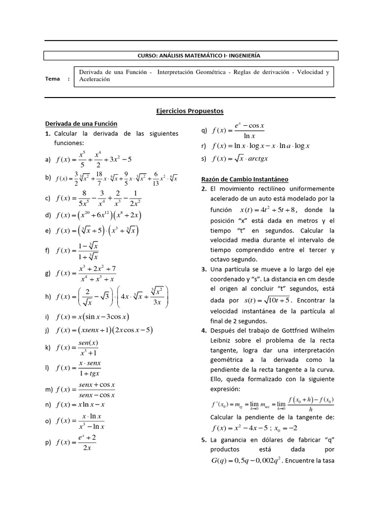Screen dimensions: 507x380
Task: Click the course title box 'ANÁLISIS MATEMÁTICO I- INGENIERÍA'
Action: click(191, 56)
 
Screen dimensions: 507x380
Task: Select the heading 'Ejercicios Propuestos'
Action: click(190, 111)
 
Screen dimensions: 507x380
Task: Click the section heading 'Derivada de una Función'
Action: click(81, 123)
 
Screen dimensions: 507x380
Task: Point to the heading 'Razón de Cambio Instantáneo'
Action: click(245, 179)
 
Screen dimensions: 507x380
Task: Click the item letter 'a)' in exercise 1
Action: click(48, 159)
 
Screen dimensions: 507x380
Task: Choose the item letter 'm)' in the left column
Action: click(49, 390)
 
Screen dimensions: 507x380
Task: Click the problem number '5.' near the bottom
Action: click(204, 440)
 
